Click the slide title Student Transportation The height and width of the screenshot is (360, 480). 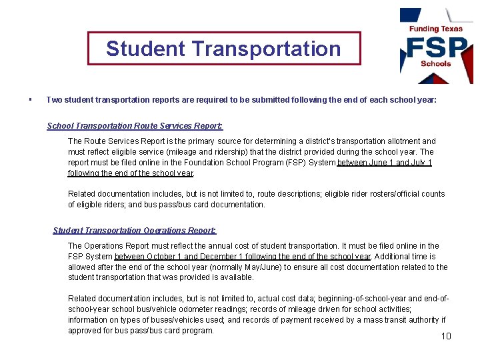[x=223, y=49]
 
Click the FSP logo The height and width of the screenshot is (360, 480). [x=436, y=48]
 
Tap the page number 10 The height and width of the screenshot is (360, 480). [x=446, y=335]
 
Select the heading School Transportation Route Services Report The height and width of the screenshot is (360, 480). [x=135, y=126]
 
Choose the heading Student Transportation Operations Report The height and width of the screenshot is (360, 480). [x=135, y=231]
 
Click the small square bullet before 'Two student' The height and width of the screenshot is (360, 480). [x=31, y=100]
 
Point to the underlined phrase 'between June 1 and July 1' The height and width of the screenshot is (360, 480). [x=385, y=163]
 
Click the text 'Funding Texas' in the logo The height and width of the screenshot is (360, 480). [x=436, y=29]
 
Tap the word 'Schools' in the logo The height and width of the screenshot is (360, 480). [x=436, y=64]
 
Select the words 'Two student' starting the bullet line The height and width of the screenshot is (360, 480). [x=67, y=100]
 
